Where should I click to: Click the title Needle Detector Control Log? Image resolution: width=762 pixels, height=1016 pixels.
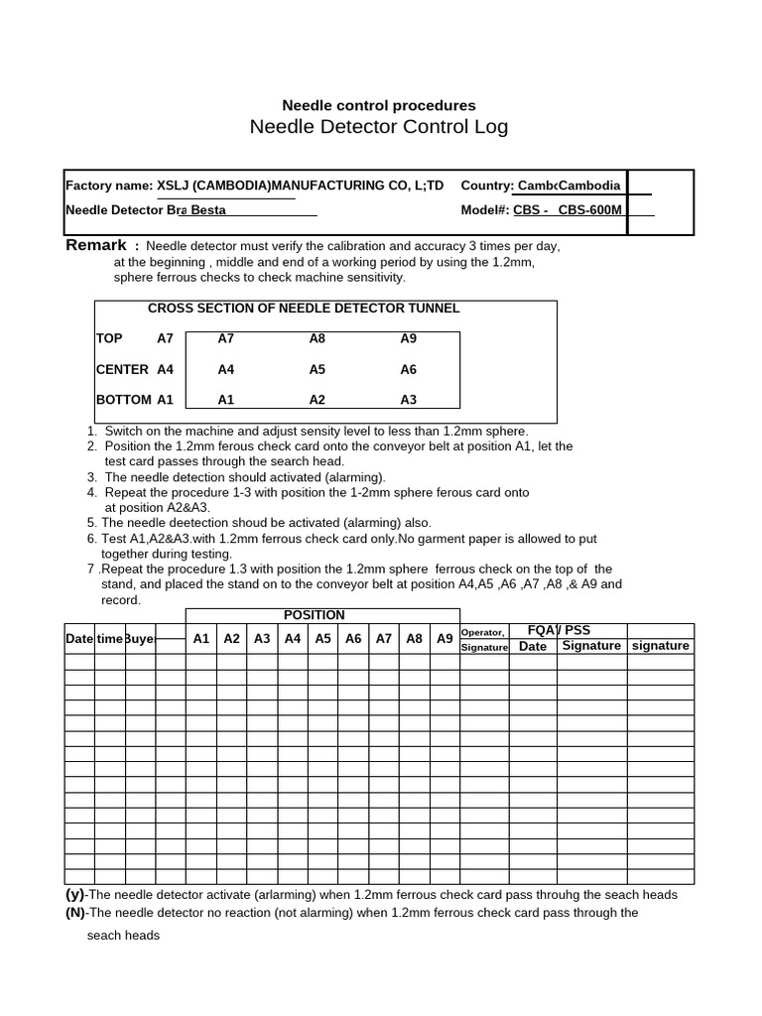[x=378, y=127]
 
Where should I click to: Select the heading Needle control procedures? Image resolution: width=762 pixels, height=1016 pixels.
[x=378, y=105]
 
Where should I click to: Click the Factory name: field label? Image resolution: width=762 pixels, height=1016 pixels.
[x=109, y=186]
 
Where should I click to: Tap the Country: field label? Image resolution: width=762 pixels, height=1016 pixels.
[x=487, y=186]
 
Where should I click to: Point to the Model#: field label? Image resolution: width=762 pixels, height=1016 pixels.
[x=485, y=209]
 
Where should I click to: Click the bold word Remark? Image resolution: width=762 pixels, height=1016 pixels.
[x=96, y=245]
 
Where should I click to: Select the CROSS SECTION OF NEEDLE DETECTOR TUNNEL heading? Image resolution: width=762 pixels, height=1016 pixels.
[x=304, y=309]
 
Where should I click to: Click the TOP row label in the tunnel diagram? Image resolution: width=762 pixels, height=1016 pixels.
[x=109, y=338]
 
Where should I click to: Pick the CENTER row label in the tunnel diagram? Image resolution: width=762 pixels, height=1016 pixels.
[x=122, y=369]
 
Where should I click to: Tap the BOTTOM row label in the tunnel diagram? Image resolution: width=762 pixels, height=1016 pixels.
[x=124, y=400]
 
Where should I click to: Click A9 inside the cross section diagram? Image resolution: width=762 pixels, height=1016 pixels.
[x=408, y=338]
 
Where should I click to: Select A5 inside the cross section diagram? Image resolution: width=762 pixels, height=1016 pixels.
[x=317, y=369]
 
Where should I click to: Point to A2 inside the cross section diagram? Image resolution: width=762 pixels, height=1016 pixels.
[x=317, y=400]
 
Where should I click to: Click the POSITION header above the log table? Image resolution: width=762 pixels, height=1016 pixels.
[x=315, y=615]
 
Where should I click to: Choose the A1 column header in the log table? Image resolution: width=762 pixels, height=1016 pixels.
[x=201, y=639]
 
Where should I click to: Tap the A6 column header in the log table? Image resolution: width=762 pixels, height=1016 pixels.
[x=353, y=639]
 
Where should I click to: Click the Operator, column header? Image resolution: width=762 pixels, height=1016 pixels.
[x=483, y=632]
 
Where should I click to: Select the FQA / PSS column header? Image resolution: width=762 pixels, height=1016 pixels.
[x=559, y=630]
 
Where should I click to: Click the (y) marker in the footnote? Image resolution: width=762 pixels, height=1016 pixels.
[x=74, y=894]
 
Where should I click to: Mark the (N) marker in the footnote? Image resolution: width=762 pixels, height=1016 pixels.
[x=75, y=912]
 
